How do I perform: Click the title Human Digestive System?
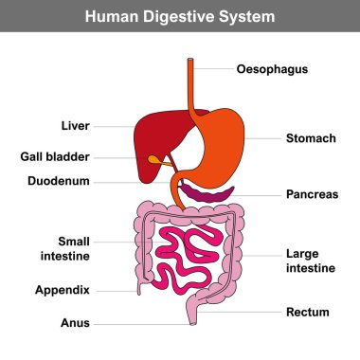(179, 16)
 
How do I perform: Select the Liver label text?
(75, 126)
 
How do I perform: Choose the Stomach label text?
(311, 138)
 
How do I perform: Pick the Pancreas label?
(313, 194)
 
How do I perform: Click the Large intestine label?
(311, 261)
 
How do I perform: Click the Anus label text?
(75, 323)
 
